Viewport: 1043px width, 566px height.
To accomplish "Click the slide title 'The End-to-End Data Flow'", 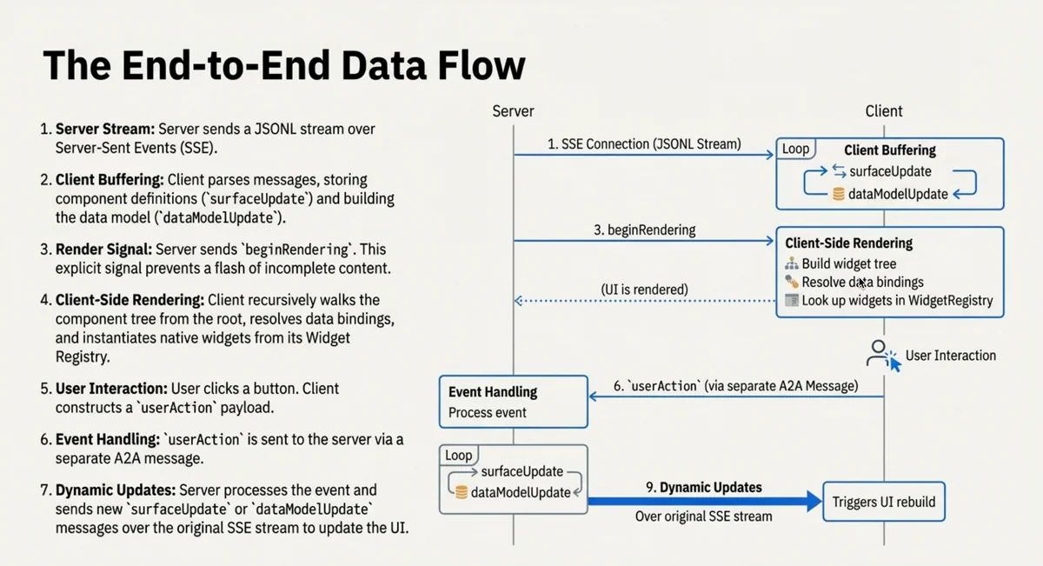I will [x=283, y=66].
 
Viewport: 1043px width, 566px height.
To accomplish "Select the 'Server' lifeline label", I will [x=513, y=111].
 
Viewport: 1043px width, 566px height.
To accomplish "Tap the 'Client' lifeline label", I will [x=884, y=111].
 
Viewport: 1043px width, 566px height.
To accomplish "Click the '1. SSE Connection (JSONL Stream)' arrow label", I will [x=644, y=144].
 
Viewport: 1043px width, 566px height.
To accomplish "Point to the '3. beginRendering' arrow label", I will [x=644, y=230].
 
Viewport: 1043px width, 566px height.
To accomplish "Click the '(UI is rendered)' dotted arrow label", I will [x=644, y=289].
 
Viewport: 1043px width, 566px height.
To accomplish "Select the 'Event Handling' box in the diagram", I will [x=513, y=402].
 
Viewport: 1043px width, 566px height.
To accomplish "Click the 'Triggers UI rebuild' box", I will [x=883, y=502].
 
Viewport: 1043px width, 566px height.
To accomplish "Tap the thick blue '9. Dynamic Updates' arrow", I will [x=704, y=501].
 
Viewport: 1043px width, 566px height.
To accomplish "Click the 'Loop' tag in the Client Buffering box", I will [x=795, y=149].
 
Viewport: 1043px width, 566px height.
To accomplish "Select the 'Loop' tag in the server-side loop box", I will [x=458, y=456].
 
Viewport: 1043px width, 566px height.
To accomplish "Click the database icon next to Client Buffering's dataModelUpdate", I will [x=839, y=194].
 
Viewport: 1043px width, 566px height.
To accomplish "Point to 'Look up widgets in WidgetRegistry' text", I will [x=897, y=301].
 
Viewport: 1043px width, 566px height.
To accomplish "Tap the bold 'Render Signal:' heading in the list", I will [x=103, y=250].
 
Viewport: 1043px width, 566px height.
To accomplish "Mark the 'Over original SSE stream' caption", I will [x=703, y=516].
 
